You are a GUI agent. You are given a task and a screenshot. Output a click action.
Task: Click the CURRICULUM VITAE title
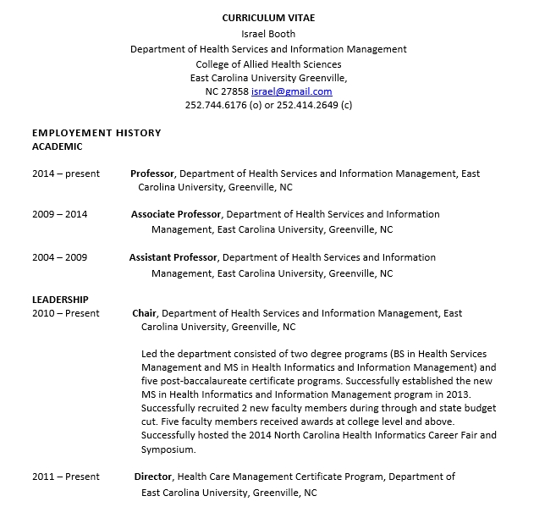[267, 18]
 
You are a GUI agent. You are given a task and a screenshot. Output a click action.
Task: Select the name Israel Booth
[267, 34]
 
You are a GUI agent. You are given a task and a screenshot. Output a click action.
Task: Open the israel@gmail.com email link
[292, 91]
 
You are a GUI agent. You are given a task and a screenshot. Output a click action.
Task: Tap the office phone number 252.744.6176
[217, 106]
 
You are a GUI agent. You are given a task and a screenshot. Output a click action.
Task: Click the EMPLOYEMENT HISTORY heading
[96, 133]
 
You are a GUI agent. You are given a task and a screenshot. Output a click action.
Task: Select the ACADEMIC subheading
[58, 146]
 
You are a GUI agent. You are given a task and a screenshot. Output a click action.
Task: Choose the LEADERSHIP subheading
[60, 300]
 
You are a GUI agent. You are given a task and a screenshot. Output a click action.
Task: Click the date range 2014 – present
[66, 174]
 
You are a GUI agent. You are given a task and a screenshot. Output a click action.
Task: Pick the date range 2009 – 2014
[60, 215]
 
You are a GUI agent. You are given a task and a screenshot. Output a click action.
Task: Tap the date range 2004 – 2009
[60, 257]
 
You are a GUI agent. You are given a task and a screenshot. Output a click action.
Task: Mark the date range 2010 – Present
[66, 313]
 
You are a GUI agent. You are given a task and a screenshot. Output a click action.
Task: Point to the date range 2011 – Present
[66, 477]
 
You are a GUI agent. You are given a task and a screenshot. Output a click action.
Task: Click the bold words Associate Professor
[176, 215]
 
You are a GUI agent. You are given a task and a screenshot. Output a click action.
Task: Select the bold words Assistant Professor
[173, 257]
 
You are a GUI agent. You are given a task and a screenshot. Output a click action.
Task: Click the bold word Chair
[145, 313]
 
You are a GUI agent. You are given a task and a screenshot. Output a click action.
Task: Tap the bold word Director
[153, 477]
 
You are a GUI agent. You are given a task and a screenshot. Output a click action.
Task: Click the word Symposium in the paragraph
[168, 449]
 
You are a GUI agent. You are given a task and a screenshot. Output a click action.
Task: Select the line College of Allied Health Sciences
[268, 63]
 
